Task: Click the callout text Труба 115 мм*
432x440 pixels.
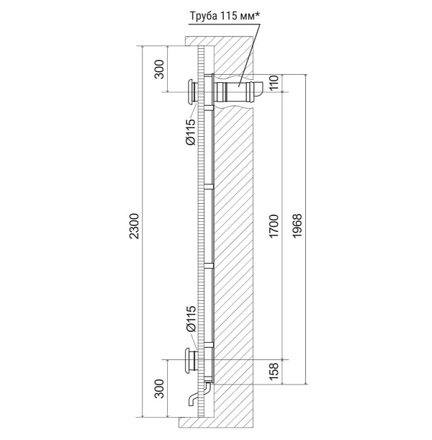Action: [225, 16]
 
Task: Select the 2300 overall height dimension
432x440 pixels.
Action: [135, 226]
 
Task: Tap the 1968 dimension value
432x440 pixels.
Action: [297, 226]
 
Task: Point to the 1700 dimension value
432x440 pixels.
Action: [274, 226]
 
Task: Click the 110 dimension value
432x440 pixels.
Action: [274, 82]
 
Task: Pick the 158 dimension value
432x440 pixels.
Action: [274, 372]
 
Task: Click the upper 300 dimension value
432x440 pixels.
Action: [159, 69]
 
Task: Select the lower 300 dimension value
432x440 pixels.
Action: [159, 388]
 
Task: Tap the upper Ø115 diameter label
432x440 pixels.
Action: [191, 132]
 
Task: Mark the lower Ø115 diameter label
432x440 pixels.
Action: [191, 319]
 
